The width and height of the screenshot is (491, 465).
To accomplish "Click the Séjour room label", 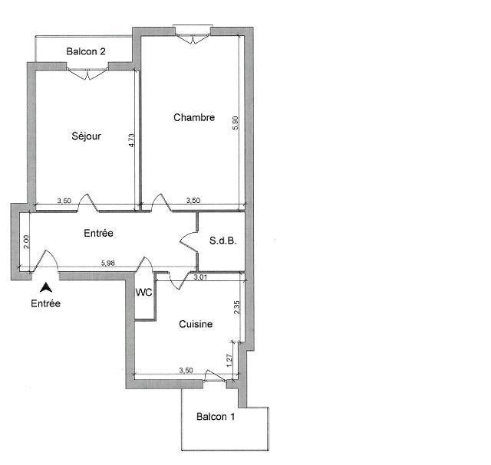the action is coord(86,136).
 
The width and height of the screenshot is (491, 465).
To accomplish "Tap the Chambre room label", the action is coord(194,117).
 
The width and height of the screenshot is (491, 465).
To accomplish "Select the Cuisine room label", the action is coord(196,324).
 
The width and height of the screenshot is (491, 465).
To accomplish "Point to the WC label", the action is coord(143,293).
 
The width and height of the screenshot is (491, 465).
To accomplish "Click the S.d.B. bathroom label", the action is coord(223,241).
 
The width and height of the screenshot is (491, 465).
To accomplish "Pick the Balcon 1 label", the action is coord(216,417).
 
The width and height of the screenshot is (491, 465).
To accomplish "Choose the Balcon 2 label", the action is coord(86,51).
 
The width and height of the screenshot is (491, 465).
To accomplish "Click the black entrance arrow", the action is coord(46,287).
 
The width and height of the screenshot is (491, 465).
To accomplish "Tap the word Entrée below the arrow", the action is coord(46,303).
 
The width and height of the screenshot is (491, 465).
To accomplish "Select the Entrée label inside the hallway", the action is coord(99,233).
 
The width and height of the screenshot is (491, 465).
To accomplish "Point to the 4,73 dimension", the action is coord(131,140).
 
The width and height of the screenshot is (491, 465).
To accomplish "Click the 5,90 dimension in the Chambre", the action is coord(236,123).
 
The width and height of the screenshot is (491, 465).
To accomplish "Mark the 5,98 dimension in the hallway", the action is coord(108,263).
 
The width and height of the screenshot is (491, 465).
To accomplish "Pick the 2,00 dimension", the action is coord(26,242).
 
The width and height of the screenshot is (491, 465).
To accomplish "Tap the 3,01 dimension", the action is coord(200,277).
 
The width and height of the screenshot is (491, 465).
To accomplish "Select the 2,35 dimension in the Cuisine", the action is coord(237,307).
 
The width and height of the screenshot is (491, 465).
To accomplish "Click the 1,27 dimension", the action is coord(229,360).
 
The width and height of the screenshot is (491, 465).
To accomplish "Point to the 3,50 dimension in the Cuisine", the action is coord(186,370).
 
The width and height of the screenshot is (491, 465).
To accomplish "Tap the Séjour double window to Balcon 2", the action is coord(87,74).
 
